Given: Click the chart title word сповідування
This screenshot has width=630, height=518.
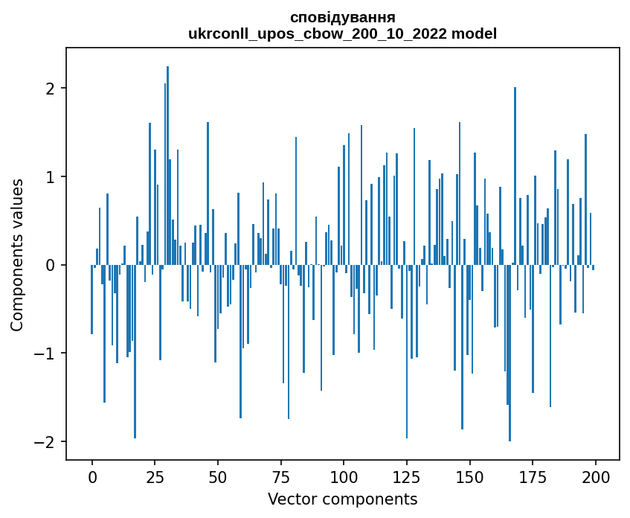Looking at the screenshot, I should (342, 17).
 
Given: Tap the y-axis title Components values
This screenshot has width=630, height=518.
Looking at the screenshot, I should (17, 255).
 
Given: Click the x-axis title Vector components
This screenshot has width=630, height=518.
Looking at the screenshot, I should (342, 499).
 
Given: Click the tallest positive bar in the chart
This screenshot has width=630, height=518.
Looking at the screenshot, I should (168, 165).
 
